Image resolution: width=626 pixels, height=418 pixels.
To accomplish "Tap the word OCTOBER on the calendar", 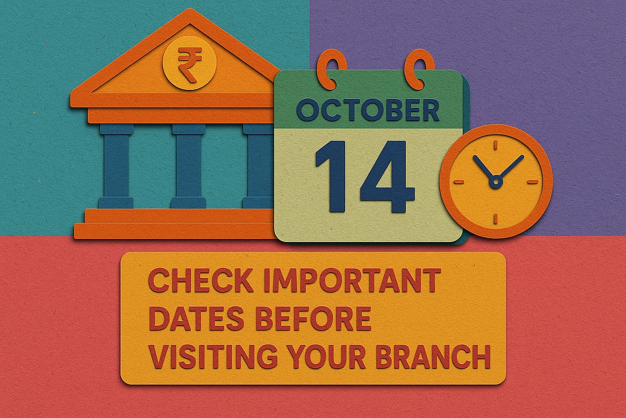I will tap(368, 110).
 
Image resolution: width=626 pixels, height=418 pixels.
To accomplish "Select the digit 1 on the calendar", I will tap(329, 176).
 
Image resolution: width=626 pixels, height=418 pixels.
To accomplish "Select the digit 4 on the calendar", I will tap(387, 176).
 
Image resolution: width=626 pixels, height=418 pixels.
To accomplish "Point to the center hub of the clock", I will tap(495, 182).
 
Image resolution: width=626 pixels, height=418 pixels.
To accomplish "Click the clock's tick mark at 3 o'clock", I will tap(533, 182).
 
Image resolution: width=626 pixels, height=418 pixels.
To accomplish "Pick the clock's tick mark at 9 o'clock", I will tap(458, 182).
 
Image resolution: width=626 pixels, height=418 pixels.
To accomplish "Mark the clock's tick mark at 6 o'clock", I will tap(495, 218).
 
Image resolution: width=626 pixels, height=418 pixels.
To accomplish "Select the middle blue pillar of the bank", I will tap(188, 166).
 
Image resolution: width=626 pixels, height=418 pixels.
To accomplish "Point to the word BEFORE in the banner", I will tap(313, 319).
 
